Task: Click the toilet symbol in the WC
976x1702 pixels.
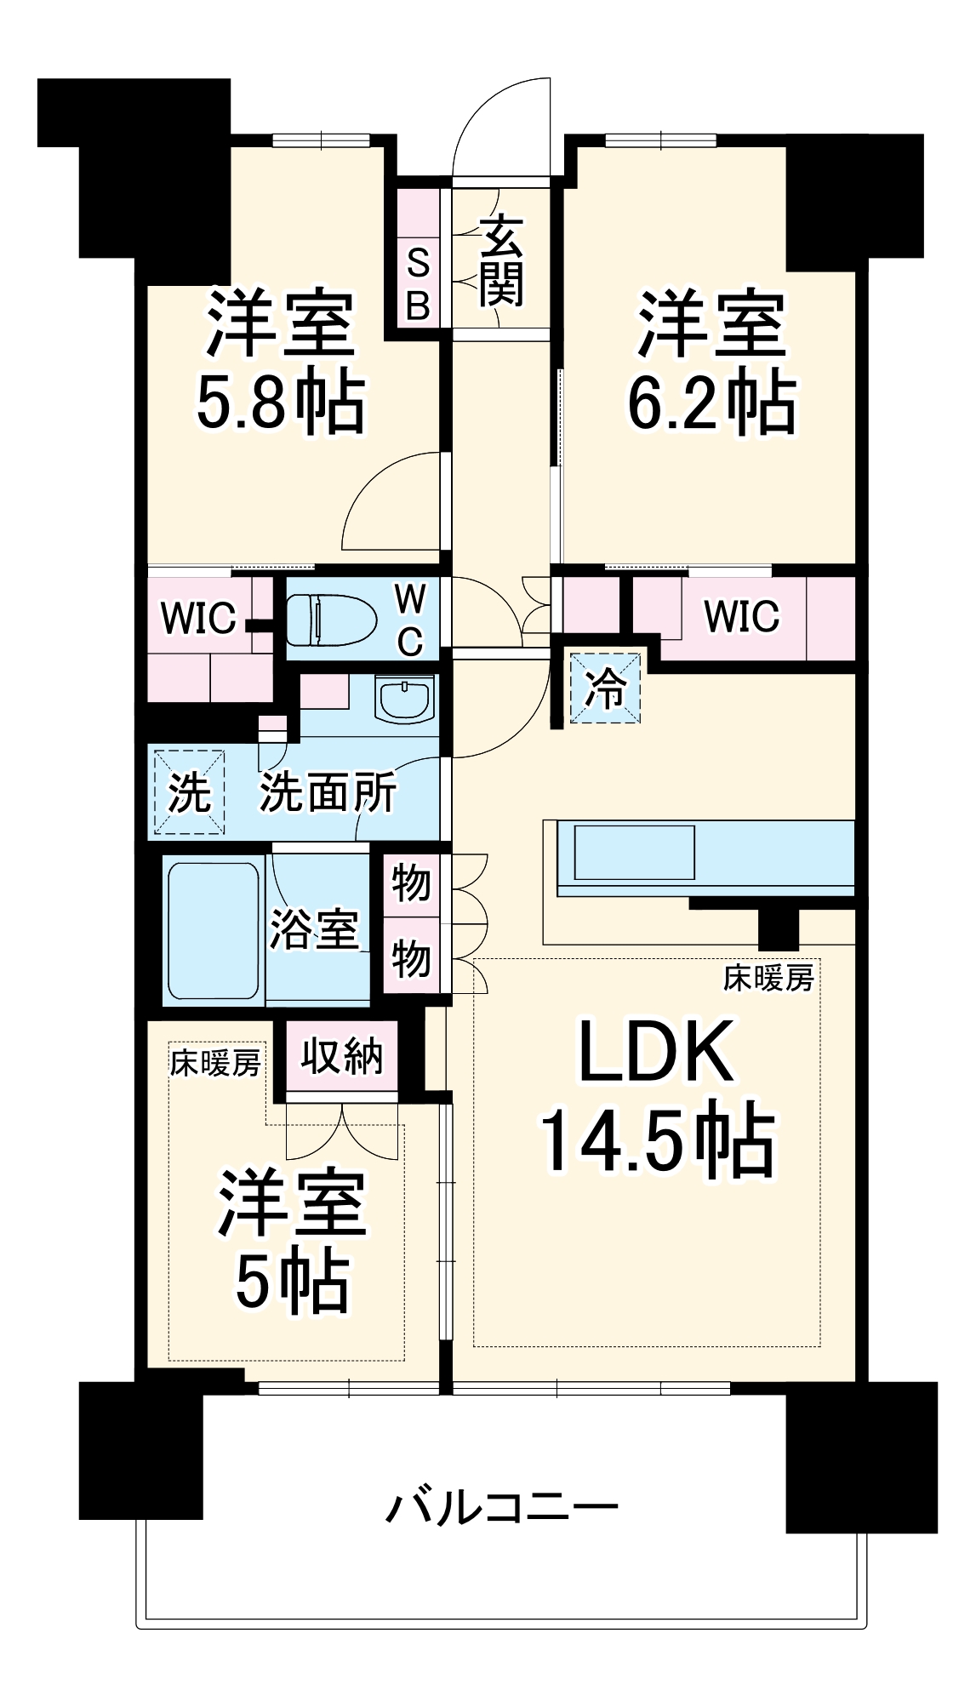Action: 332,619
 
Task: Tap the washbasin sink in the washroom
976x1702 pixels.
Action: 405,700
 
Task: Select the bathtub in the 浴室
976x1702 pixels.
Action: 213,932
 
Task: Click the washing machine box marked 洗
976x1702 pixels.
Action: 188,793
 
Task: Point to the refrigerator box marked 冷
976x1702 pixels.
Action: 606,688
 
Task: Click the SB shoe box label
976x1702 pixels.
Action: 418,284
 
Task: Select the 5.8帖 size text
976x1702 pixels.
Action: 281,402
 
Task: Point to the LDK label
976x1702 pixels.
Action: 656,1052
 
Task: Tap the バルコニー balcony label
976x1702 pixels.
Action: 502,1509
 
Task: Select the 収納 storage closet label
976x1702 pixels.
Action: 341,1057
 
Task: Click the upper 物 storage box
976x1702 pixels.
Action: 411,885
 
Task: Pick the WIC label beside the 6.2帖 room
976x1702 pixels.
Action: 741,616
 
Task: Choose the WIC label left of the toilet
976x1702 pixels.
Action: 198,618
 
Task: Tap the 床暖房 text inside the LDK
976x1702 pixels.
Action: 768,979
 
